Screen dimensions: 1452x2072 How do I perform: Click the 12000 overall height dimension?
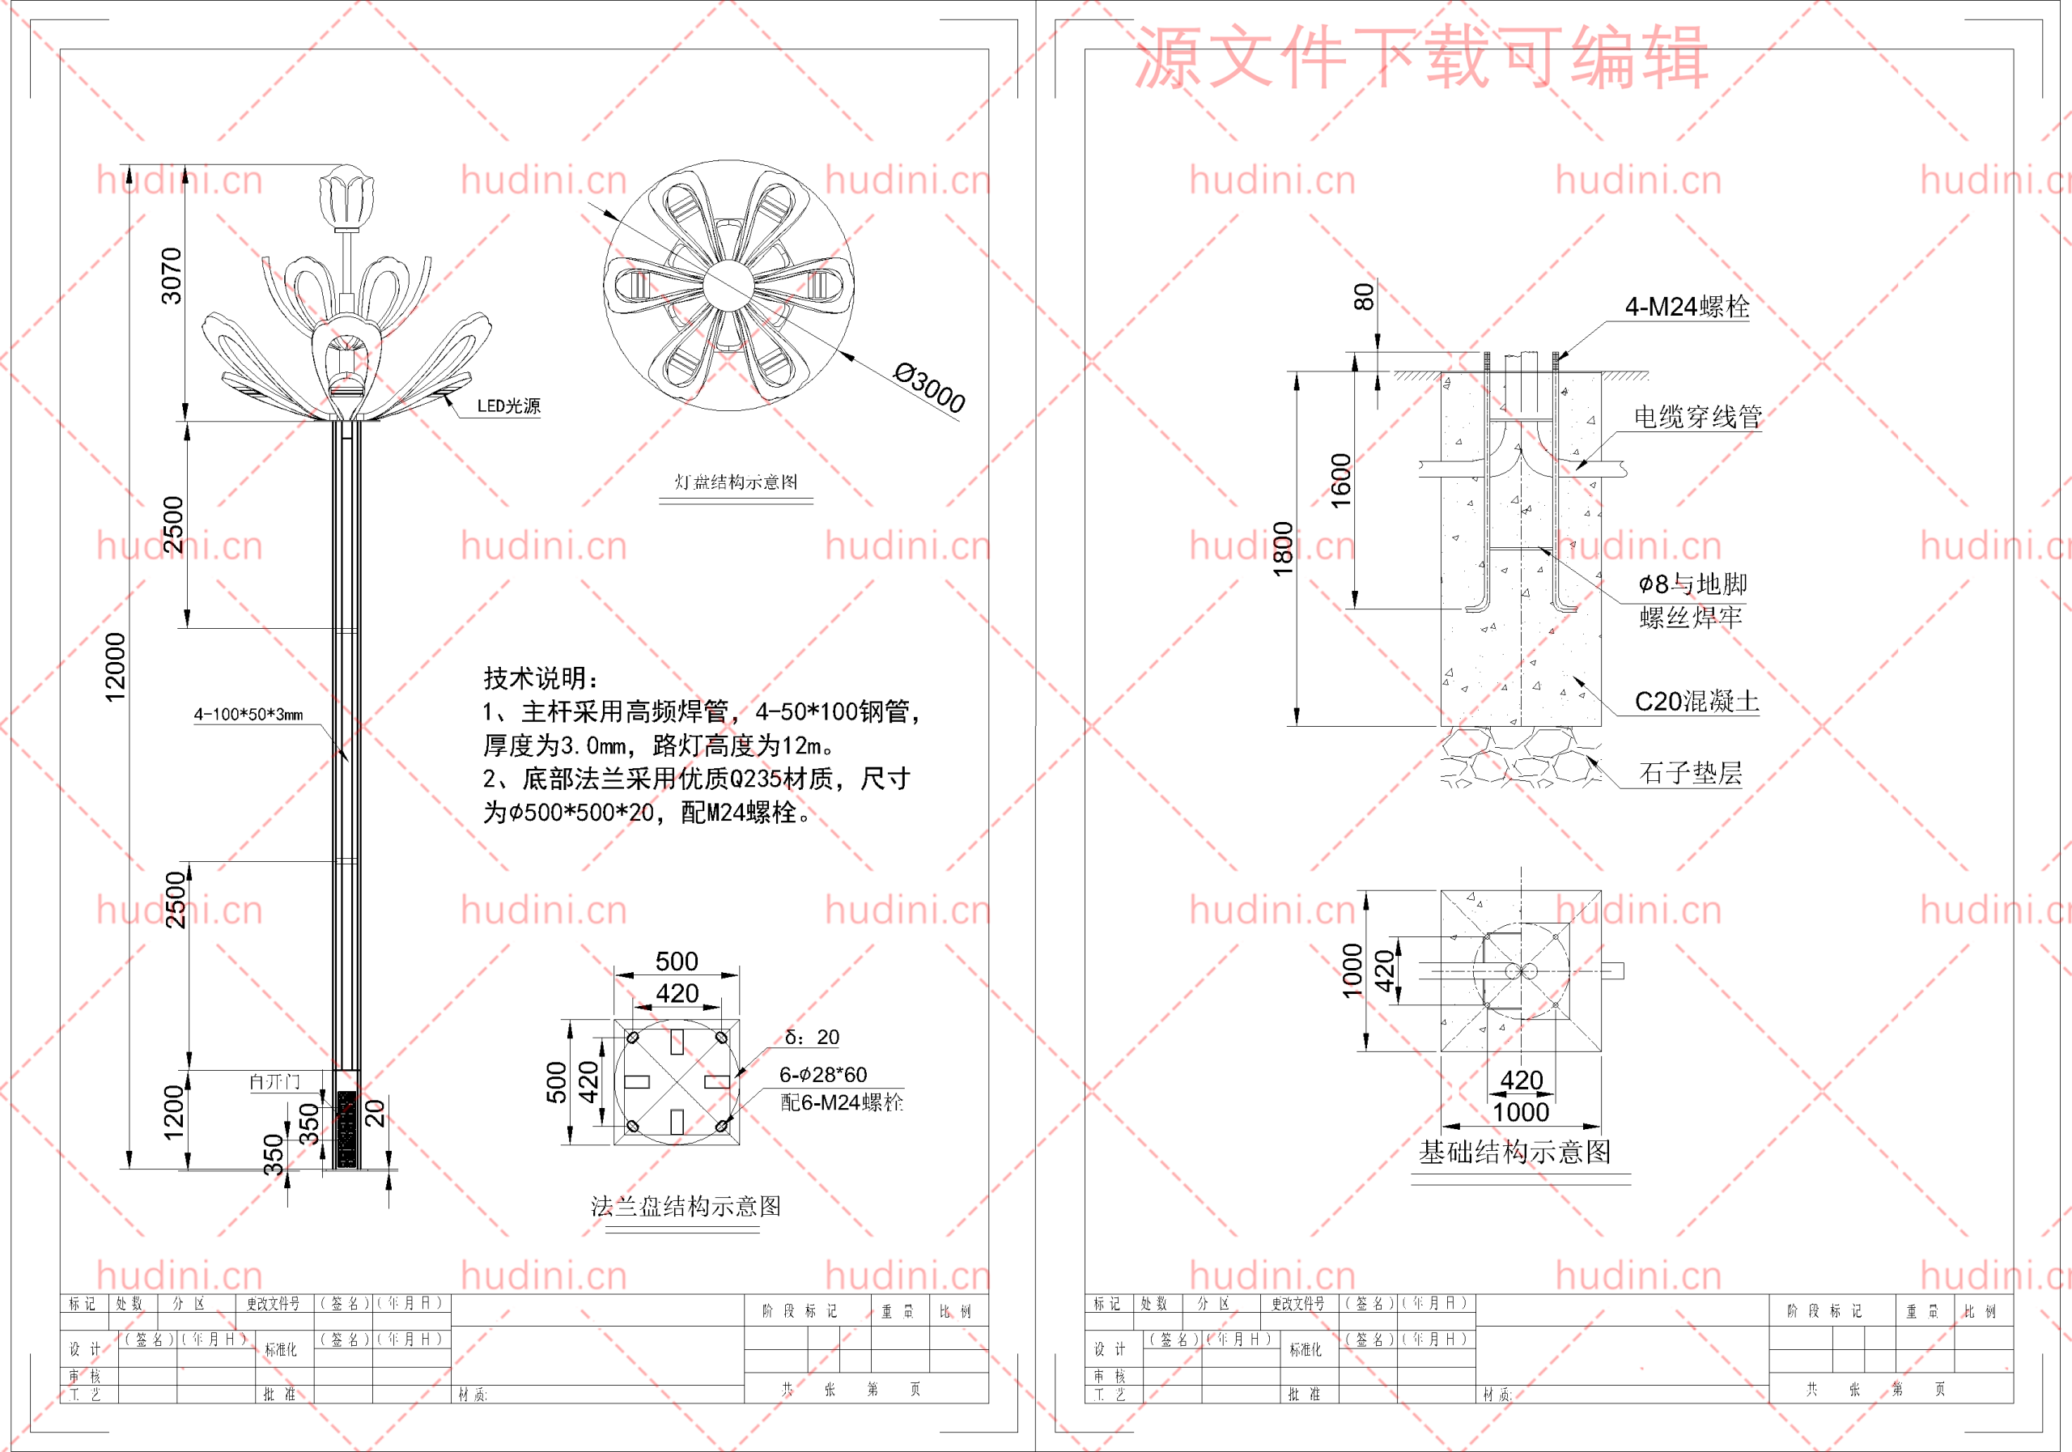116,667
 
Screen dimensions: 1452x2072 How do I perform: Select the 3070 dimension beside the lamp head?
172,275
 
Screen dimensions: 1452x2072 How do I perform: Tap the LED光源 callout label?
508,406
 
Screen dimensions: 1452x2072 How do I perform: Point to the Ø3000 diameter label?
928,387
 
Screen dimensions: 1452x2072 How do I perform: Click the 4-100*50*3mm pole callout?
248,715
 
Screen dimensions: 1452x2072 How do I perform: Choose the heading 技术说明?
540,677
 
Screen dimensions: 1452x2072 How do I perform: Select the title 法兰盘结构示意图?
685,1207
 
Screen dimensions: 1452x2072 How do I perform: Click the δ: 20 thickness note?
811,1038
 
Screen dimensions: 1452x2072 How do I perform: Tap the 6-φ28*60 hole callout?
822,1075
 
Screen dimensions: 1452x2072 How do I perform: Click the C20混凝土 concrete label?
1696,701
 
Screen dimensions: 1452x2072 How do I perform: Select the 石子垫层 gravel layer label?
1689,774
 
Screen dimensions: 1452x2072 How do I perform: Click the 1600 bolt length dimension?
1341,480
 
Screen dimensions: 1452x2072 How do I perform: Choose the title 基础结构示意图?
1514,1153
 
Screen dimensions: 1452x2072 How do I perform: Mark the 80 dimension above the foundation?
1365,297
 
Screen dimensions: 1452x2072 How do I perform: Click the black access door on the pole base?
346,1128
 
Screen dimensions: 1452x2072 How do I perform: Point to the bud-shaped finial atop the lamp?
346,197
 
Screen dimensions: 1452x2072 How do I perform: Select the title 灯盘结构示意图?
736,482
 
